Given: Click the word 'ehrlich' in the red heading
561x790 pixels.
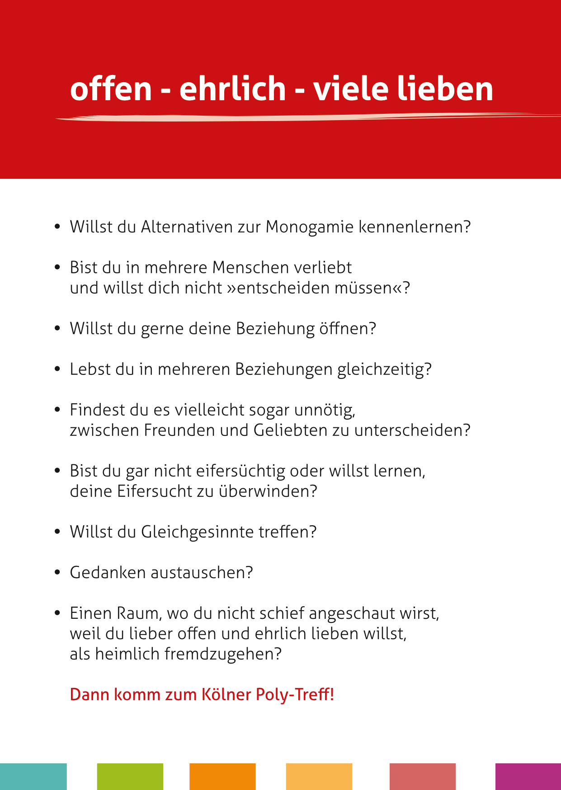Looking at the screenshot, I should [233, 89].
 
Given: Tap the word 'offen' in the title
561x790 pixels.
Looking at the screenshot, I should [111, 89].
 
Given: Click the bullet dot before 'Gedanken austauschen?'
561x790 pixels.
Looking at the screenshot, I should [57, 572].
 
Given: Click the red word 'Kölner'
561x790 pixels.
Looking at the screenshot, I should [226, 694].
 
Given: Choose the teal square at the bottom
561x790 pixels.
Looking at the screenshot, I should [33, 776].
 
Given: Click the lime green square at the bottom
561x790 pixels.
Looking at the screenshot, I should [130, 776].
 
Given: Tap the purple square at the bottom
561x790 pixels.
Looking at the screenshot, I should [528, 776].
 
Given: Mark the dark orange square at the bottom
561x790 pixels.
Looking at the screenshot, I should [222, 776].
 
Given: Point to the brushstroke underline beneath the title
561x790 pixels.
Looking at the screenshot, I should [289, 118].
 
